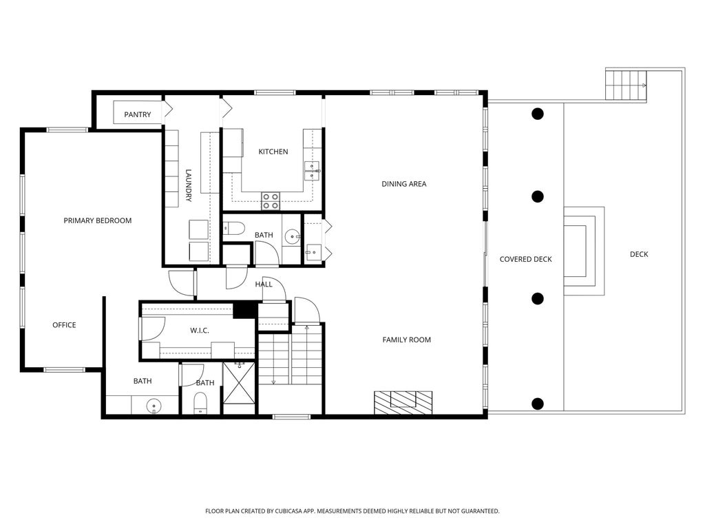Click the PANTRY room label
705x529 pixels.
(x=138, y=115)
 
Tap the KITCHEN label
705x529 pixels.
(x=273, y=152)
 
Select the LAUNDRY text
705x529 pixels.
(x=189, y=185)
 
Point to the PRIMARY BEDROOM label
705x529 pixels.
(x=98, y=220)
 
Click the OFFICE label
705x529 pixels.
(x=64, y=325)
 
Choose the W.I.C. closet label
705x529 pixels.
(x=200, y=331)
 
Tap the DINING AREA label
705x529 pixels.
(x=403, y=183)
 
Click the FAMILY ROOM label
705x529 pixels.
(x=406, y=340)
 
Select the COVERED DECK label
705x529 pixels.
(x=525, y=259)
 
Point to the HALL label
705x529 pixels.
(x=264, y=284)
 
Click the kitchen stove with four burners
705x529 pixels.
(x=271, y=201)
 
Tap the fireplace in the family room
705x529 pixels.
(x=403, y=402)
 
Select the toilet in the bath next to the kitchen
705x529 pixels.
(x=234, y=229)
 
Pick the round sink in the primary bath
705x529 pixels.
(x=154, y=406)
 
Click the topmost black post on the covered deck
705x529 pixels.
(x=537, y=114)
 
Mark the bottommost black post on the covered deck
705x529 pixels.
(x=537, y=404)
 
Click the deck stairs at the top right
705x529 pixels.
(x=626, y=85)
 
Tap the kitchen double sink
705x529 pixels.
(x=312, y=171)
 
